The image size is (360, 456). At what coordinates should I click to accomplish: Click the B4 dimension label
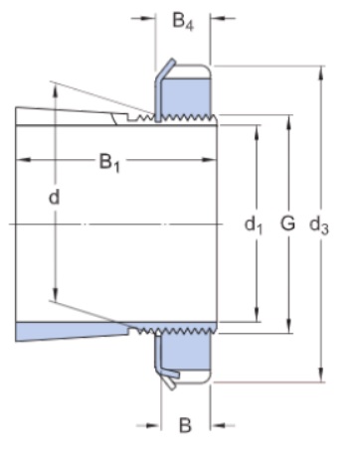(x=183, y=21)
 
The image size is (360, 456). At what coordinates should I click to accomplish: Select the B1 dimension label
(x=109, y=163)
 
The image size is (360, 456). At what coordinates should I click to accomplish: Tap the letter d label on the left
(x=55, y=198)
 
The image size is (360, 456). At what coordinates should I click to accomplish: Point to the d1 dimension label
(x=254, y=226)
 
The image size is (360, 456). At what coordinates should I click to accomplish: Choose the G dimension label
(x=287, y=223)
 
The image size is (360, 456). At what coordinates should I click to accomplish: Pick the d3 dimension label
(x=319, y=226)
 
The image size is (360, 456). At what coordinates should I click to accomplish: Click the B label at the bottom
(x=185, y=425)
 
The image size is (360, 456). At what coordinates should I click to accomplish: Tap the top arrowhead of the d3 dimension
(x=321, y=73)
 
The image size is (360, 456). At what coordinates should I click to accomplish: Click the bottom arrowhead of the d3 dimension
(x=321, y=376)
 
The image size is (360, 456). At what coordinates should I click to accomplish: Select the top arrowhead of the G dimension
(x=289, y=121)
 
